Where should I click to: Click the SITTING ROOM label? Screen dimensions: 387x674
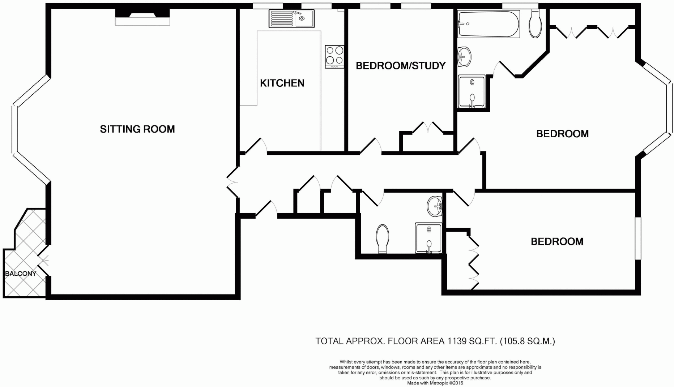tap(137, 129)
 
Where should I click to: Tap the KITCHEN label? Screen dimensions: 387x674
tap(282, 83)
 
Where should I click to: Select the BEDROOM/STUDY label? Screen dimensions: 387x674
tap(401, 66)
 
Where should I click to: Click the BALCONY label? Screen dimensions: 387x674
tap(21, 274)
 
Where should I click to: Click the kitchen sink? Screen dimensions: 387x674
tap(291, 18)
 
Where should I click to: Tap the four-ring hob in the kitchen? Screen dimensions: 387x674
tap(334, 56)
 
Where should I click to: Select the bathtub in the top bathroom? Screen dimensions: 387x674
tap(488, 24)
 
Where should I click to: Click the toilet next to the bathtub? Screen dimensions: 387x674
tap(535, 24)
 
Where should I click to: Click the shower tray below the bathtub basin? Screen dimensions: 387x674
tap(472, 91)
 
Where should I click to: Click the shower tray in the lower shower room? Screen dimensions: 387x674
tap(428, 238)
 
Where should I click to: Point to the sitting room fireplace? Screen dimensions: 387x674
tap(142, 17)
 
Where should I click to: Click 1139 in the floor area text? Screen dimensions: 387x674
tap(457, 341)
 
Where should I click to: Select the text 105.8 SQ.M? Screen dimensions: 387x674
tap(527, 341)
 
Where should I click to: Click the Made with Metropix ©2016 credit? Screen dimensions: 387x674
tap(435, 383)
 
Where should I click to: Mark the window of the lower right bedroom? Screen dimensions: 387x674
tap(638, 238)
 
